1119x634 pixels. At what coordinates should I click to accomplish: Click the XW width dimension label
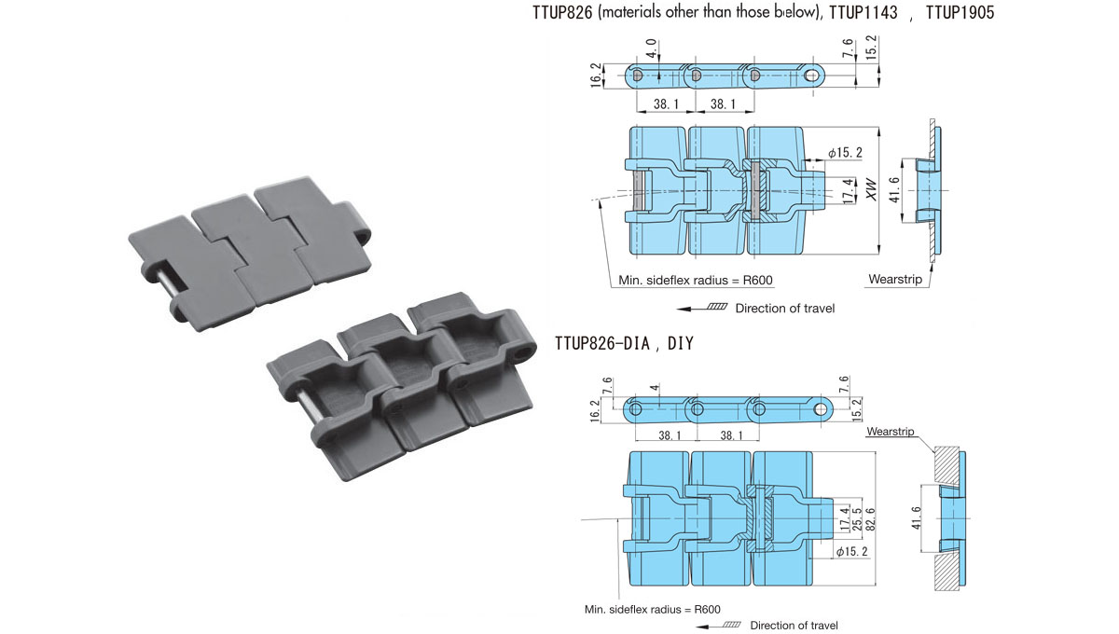click(x=871, y=192)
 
